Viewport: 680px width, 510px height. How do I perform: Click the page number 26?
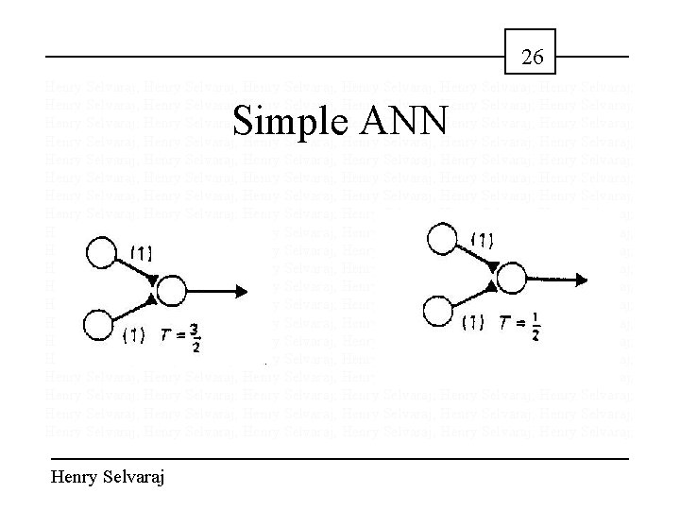click(x=533, y=58)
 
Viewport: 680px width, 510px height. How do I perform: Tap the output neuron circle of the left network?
click(x=173, y=288)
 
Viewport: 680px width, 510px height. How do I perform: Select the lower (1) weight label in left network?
click(x=134, y=332)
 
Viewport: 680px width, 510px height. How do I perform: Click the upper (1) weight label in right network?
click(x=482, y=240)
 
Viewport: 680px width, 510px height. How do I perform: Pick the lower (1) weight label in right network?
click(x=473, y=323)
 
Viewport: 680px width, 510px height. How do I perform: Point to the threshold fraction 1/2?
click(x=535, y=324)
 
